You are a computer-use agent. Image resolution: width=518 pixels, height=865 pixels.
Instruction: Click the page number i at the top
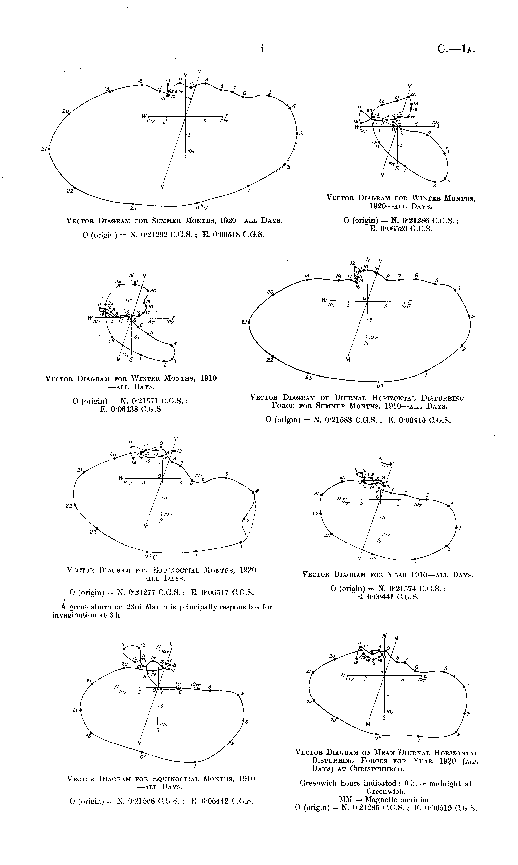pyautogui.click(x=262, y=49)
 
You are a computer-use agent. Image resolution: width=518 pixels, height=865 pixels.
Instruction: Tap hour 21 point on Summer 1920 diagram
pyautogui.click(x=49, y=149)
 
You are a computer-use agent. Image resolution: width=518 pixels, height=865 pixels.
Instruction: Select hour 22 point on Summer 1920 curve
pyautogui.click(x=74, y=188)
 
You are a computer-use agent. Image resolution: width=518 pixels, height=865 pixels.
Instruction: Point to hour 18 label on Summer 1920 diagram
pyautogui.click(x=140, y=81)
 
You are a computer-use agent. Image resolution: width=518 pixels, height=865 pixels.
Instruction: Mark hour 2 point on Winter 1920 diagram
pyautogui.click(x=435, y=182)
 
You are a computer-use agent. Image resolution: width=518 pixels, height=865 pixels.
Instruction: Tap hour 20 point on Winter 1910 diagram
pyautogui.click(x=148, y=290)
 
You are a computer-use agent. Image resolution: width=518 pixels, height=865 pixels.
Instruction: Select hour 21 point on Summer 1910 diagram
pyautogui.click(x=249, y=322)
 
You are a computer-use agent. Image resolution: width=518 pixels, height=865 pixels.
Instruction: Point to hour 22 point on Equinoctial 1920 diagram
pyautogui.click(x=75, y=505)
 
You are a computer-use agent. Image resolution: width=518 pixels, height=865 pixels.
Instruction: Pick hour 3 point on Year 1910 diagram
pyautogui.click(x=456, y=528)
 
